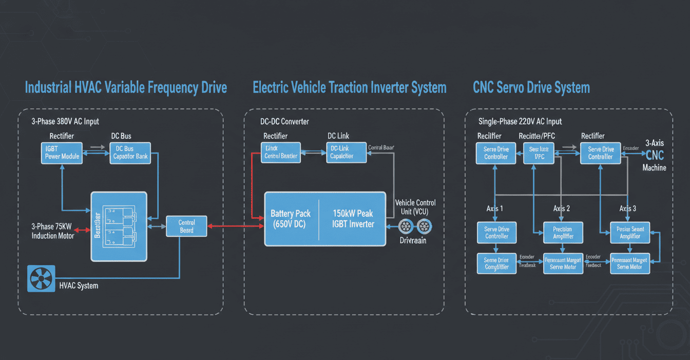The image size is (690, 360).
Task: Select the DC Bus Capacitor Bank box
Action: coord(130,153)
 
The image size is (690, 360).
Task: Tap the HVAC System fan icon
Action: coord(41,278)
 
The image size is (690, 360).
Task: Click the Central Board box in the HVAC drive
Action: coord(187,226)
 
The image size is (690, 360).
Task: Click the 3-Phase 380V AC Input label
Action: coord(65,122)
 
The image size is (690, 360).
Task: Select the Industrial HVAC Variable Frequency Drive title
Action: coord(126,87)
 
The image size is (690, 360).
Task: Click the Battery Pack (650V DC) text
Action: coord(290,219)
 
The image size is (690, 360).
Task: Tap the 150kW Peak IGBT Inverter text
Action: coord(353,219)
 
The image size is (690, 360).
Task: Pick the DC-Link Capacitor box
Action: coord(347,153)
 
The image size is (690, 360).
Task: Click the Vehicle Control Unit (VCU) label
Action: coord(415,207)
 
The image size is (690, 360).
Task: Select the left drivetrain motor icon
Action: coord(406,226)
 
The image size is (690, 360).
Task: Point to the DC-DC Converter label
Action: coord(284,122)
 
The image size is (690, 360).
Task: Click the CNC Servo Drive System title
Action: coord(531,87)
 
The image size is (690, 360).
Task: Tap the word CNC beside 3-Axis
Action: coord(655,156)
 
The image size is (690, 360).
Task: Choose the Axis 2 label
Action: coord(561,209)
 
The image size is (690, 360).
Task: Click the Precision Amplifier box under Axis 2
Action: coord(563,233)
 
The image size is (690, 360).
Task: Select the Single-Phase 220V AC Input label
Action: coord(520,122)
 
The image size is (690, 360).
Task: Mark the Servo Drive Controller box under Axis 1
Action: coord(496,233)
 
